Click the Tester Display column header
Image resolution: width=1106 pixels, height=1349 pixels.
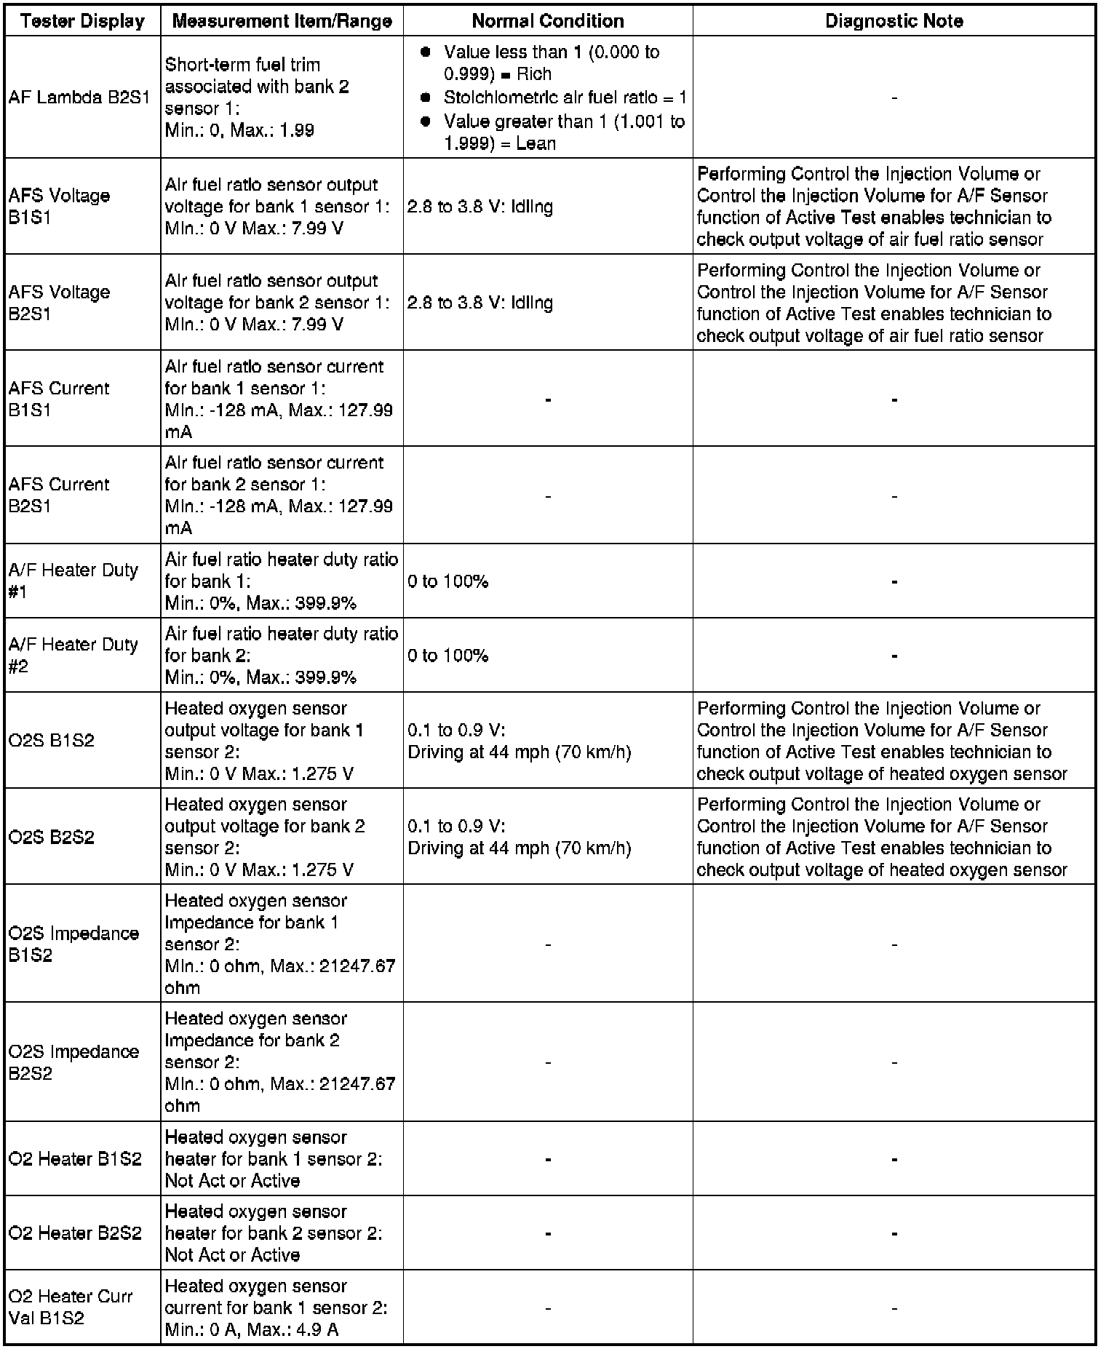tap(83, 21)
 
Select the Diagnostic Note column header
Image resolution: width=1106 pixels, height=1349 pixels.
tap(894, 21)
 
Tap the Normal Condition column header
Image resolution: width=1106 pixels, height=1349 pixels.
tap(548, 21)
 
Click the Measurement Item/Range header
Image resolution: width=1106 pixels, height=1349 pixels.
tap(282, 21)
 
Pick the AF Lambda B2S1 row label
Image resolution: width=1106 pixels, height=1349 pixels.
tap(79, 98)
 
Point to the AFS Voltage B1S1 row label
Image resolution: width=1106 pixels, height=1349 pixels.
tap(59, 206)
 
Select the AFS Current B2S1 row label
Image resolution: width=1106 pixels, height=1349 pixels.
tap(59, 495)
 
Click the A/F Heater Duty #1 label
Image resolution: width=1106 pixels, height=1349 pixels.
tap(73, 581)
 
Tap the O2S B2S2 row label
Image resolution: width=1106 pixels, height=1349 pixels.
tap(52, 837)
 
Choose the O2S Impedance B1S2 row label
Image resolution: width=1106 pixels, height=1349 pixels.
tap(73, 944)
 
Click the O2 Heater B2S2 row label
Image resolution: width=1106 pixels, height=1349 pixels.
tap(75, 1233)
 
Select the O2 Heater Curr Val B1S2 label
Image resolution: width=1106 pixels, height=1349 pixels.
tap(71, 1307)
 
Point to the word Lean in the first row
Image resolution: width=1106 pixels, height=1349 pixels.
tap(536, 143)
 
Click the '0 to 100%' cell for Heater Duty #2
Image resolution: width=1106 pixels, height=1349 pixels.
tap(447, 656)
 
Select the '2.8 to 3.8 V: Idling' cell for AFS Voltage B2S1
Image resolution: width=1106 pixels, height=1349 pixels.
tap(480, 303)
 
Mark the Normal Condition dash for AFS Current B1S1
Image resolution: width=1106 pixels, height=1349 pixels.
tap(548, 399)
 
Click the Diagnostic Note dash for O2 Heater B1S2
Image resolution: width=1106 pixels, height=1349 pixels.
tap(894, 1159)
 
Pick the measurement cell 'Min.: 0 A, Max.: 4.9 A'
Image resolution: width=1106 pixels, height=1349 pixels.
tap(251, 1329)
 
